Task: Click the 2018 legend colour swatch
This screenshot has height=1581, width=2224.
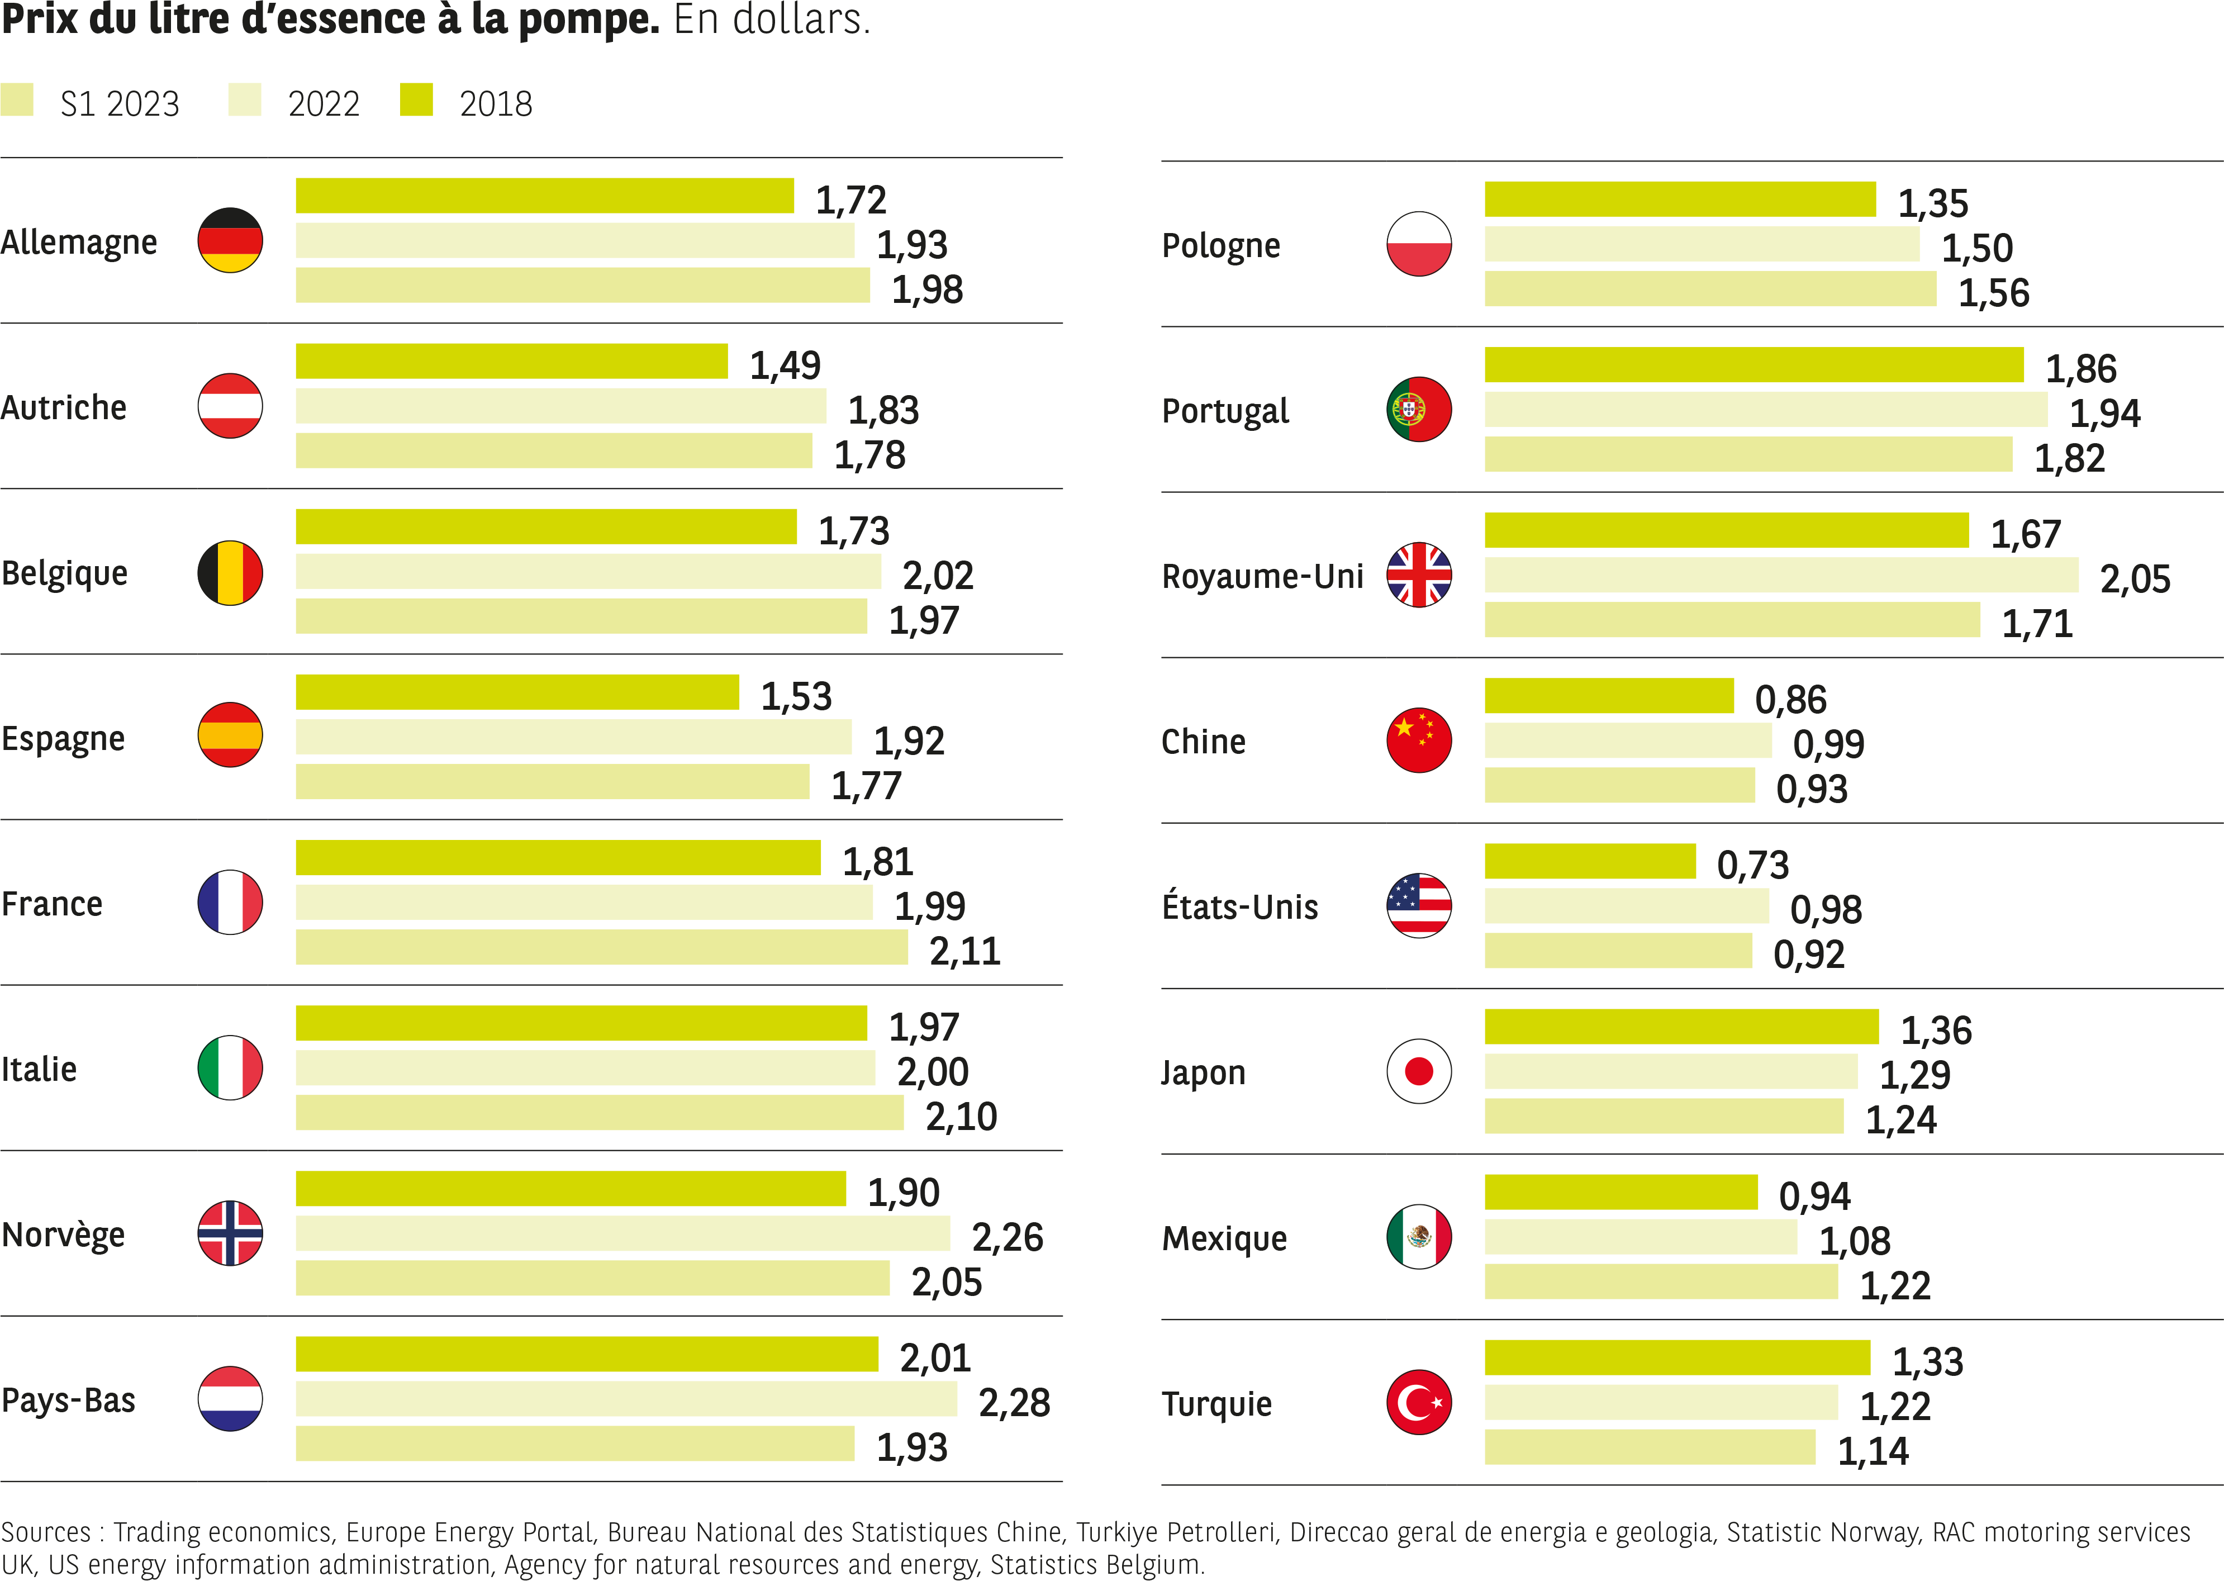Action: [416, 99]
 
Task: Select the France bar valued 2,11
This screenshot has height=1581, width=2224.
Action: [601, 947]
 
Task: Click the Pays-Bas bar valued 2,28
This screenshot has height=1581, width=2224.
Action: [626, 1399]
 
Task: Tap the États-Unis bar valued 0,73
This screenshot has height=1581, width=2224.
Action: [1589, 862]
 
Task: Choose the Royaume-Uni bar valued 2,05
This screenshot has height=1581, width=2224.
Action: [1780, 576]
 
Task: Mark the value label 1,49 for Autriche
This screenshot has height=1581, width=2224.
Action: [785, 365]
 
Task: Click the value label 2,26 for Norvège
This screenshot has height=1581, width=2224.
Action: [1008, 1237]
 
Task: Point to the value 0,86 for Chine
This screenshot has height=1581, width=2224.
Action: [1790, 700]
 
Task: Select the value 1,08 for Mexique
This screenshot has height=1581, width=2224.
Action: [1854, 1241]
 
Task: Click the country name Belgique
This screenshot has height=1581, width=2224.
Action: [64, 573]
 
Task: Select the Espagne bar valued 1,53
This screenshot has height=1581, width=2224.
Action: [517, 692]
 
